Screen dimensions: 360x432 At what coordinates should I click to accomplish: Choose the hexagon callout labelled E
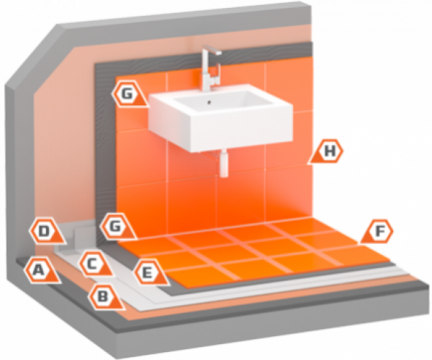click(x=147, y=272)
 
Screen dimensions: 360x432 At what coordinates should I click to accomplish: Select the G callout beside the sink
click(x=127, y=93)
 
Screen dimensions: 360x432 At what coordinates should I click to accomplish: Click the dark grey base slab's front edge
click(x=216, y=338)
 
